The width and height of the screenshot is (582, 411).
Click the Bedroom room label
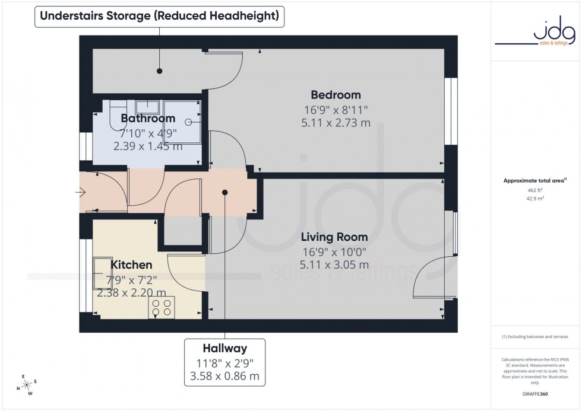point(336,95)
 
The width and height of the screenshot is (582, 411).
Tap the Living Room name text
point(336,237)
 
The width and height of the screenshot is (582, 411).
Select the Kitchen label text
point(132,265)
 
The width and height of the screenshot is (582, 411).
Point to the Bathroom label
point(148,119)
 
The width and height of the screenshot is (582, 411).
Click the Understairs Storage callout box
point(159,16)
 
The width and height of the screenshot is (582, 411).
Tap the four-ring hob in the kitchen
point(162,307)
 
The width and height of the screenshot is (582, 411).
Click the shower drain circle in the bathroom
point(188,122)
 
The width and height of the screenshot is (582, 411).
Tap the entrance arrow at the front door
point(81,192)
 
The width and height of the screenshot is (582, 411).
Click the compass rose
point(26,384)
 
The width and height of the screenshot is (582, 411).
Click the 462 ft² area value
point(536,190)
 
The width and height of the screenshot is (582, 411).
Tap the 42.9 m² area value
point(536,200)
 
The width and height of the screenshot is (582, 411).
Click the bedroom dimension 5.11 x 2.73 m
point(336,123)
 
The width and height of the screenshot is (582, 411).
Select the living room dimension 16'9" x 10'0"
point(336,251)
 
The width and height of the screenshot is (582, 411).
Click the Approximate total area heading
point(534,180)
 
